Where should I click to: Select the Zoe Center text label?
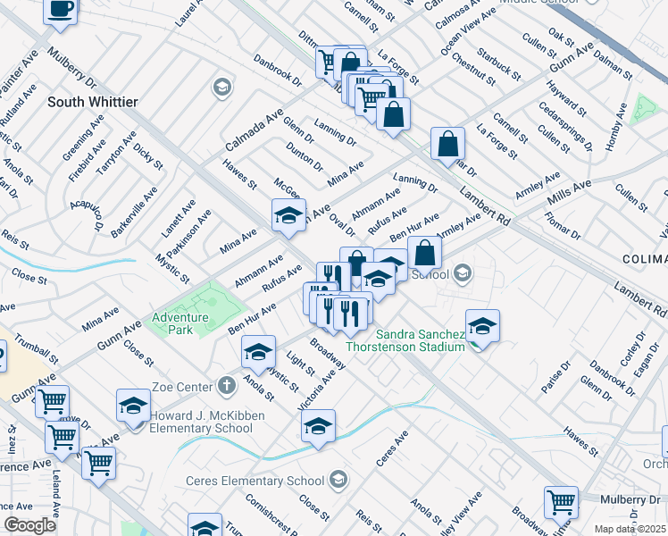point(185,386)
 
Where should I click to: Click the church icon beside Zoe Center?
point(227,386)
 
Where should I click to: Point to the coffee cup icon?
point(61,8)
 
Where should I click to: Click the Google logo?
point(29,525)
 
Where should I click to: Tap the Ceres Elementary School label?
point(254,482)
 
